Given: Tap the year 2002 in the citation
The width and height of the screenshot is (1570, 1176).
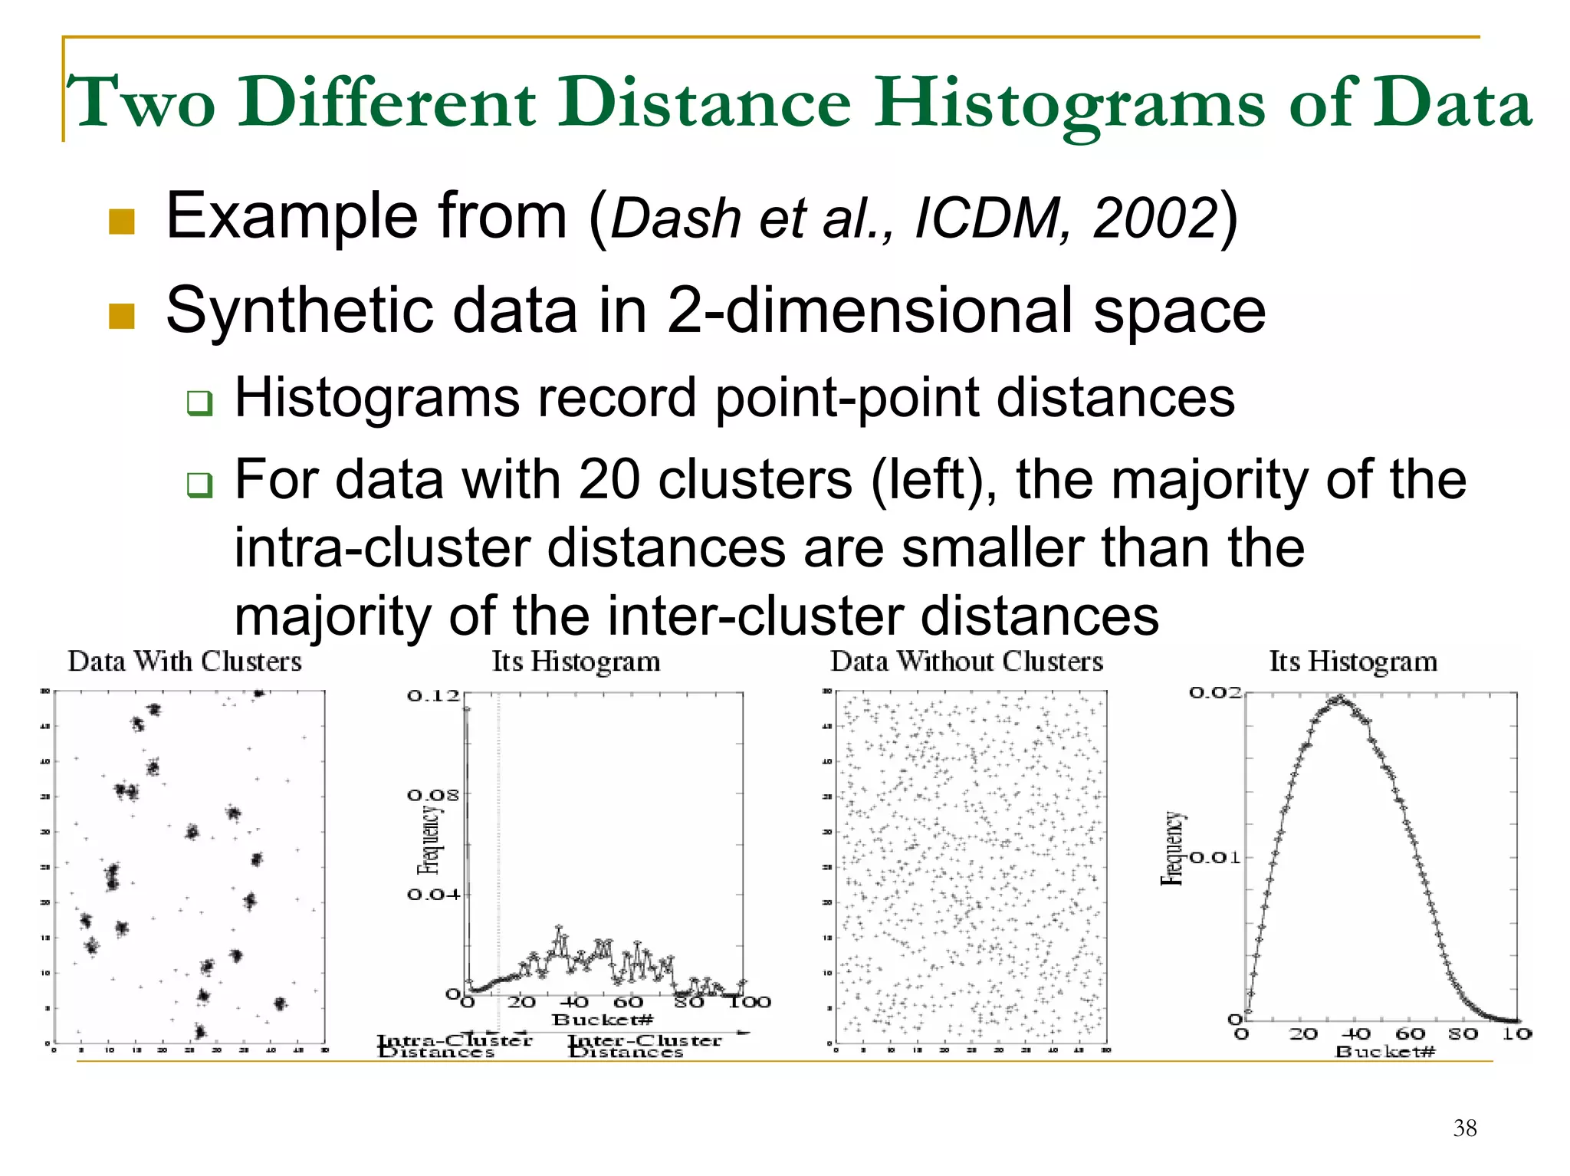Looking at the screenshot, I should [x=1155, y=218].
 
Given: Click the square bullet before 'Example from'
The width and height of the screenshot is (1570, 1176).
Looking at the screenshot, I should [x=122, y=222].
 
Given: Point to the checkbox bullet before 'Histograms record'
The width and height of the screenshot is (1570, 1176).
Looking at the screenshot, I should [x=199, y=402].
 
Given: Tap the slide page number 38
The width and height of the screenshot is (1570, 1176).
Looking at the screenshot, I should [x=1464, y=1128].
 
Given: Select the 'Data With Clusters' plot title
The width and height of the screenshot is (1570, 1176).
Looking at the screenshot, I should [x=185, y=662].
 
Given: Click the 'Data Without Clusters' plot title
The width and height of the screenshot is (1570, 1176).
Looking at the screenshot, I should [x=967, y=662].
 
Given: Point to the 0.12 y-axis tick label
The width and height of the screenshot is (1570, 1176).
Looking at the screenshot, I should [x=433, y=695].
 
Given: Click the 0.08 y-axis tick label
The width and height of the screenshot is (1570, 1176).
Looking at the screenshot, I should [x=433, y=795].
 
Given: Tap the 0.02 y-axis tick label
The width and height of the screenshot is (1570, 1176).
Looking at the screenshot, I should [x=1215, y=693].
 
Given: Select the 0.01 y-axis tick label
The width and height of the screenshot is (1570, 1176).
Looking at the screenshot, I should [x=1215, y=857].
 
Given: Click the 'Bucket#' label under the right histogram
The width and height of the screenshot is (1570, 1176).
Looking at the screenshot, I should [x=1384, y=1051].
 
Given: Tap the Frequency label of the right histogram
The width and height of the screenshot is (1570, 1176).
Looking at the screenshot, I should [x=1172, y=849].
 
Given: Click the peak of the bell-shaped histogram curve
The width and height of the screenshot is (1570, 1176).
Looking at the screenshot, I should [x=1338, y=699].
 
